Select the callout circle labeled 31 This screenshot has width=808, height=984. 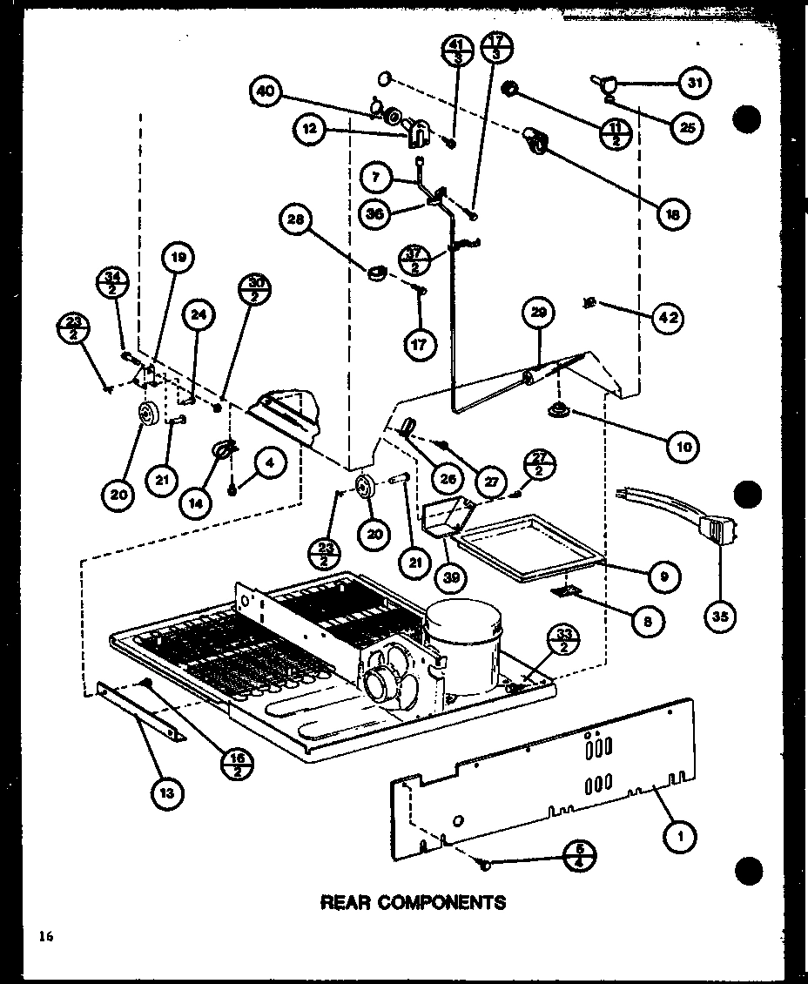[695, 84]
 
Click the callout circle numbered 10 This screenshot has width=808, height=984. [683, 447]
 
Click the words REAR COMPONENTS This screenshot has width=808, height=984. [413, 902]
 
